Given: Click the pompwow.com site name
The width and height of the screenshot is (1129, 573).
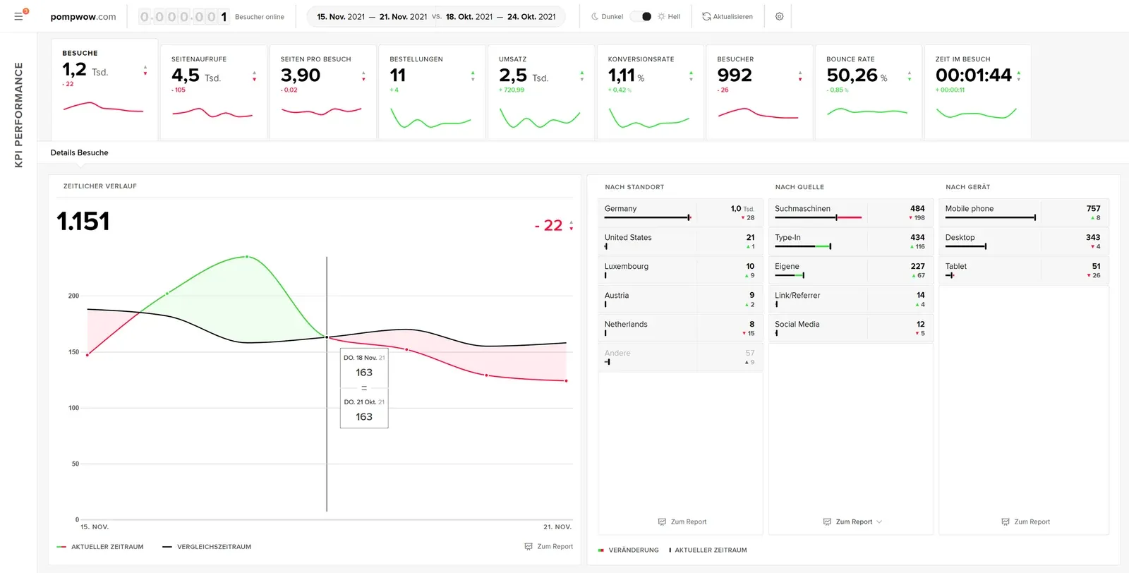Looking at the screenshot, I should [x=83, y=17].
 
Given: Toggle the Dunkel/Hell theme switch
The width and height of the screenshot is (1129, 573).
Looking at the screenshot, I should [x=641, y=16].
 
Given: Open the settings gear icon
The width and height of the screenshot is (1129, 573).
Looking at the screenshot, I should [x=779, y=16].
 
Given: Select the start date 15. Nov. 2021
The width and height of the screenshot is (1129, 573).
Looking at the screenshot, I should [x=341, y=17].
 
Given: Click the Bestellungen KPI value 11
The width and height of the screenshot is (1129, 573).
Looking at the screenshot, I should [x=398, y=76].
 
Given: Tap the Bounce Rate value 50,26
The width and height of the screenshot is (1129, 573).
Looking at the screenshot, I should [x=852, y=76].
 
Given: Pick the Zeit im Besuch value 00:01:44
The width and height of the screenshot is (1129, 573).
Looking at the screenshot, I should [x=973, y=76].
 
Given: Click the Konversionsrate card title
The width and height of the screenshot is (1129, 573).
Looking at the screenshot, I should [x=641, y=59].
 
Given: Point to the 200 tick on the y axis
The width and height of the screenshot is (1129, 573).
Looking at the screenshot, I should [x=73, y=296].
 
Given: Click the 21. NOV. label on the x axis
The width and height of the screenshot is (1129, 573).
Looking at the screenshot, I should [x=557, y=527].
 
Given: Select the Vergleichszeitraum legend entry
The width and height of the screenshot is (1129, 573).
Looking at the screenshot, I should [x=213, y=547].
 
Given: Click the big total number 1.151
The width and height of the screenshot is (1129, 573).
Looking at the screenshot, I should [x=83, y=222].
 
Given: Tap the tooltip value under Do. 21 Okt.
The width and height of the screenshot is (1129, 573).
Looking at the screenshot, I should [x=364, y=417].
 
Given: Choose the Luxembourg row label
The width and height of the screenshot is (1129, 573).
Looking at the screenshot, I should [x=626, y=267].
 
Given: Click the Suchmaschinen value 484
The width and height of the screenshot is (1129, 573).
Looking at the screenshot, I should [x=917, y=209].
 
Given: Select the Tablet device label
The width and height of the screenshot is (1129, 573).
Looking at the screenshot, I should [x=955, y=267].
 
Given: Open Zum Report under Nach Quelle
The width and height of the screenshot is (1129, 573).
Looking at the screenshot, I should [x=853, y=522].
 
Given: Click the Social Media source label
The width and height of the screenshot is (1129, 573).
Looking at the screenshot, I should [x=797, y=325].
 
